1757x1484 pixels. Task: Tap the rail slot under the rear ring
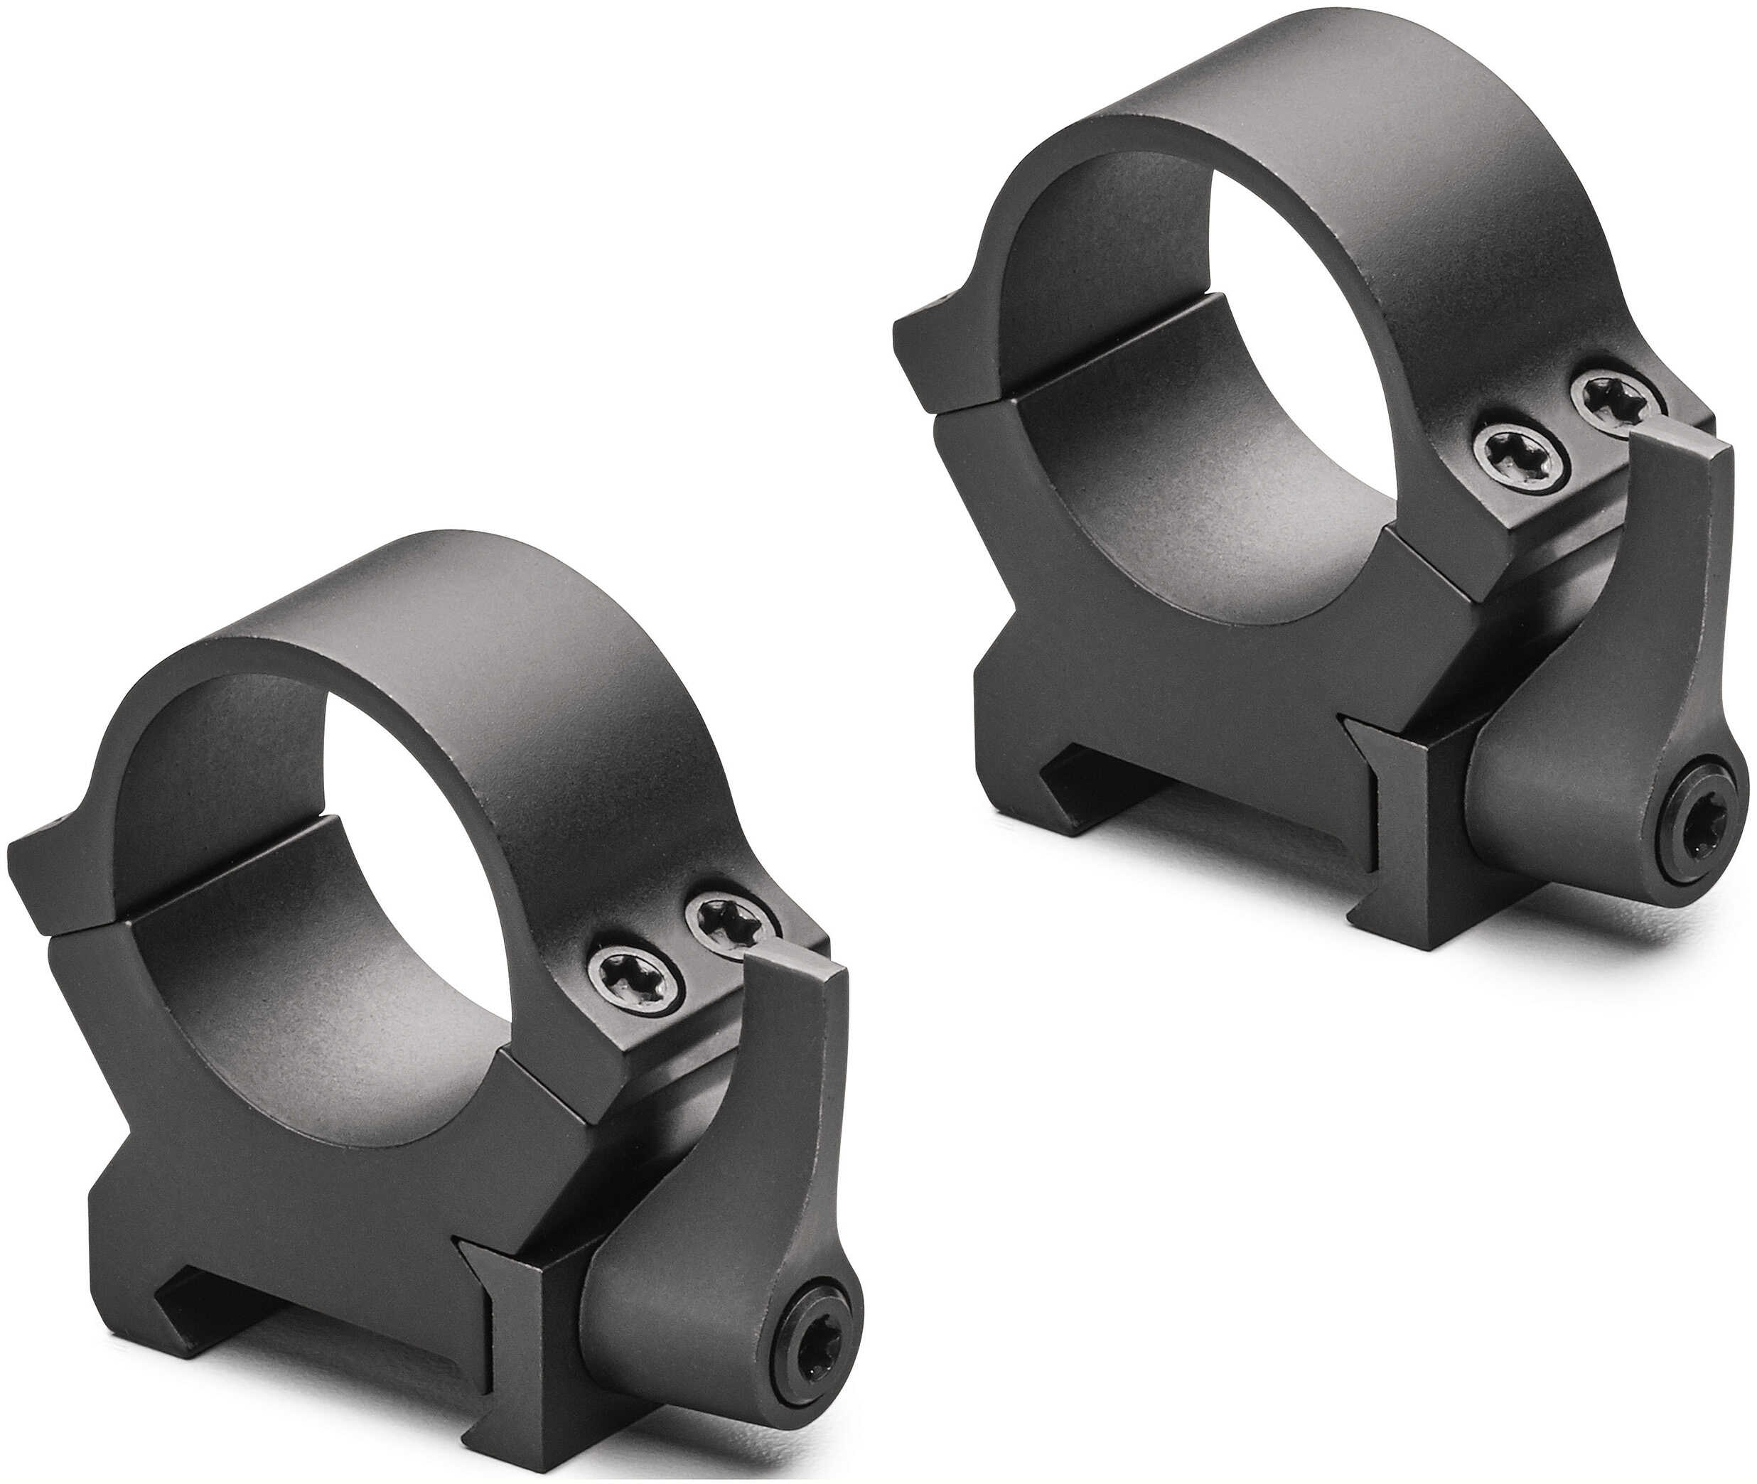pyautogui.click(x=1178, y=833)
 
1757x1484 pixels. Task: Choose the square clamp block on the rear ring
pyautogui.click(x=1396, y=850)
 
